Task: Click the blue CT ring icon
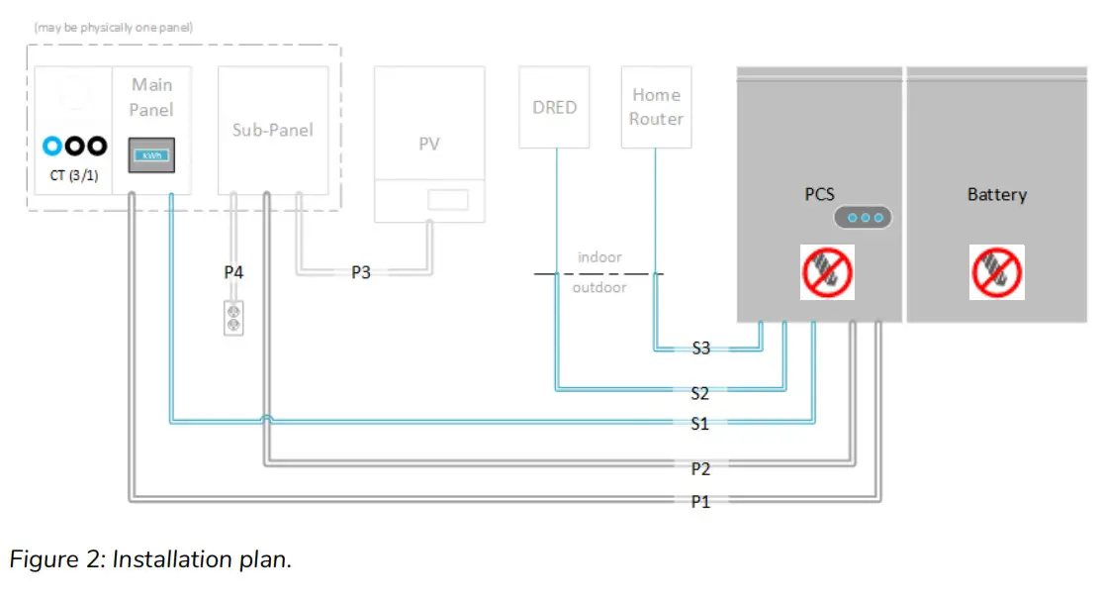coord(52,146)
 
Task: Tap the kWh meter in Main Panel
coord(152,156)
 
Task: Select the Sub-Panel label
coord(273,130)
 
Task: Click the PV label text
coord(428,144)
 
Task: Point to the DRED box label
coord(554,107)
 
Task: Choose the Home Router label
coord(657,107)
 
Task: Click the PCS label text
coord(819,195)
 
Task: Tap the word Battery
coord(996,195)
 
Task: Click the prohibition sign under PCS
coord(827,272)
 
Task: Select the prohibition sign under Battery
coord(996,272)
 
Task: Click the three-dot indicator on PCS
coord(864,218)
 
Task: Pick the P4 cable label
coord(233,271)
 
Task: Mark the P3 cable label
coord(361,271)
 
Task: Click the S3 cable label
coord(700,349)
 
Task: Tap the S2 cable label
coord(700,393)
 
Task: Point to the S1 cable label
coord(700,424)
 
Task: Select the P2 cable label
coord(700,468)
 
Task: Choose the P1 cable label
coord(700,502)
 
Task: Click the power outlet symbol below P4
coord(233,317)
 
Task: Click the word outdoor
coord(599,287)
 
